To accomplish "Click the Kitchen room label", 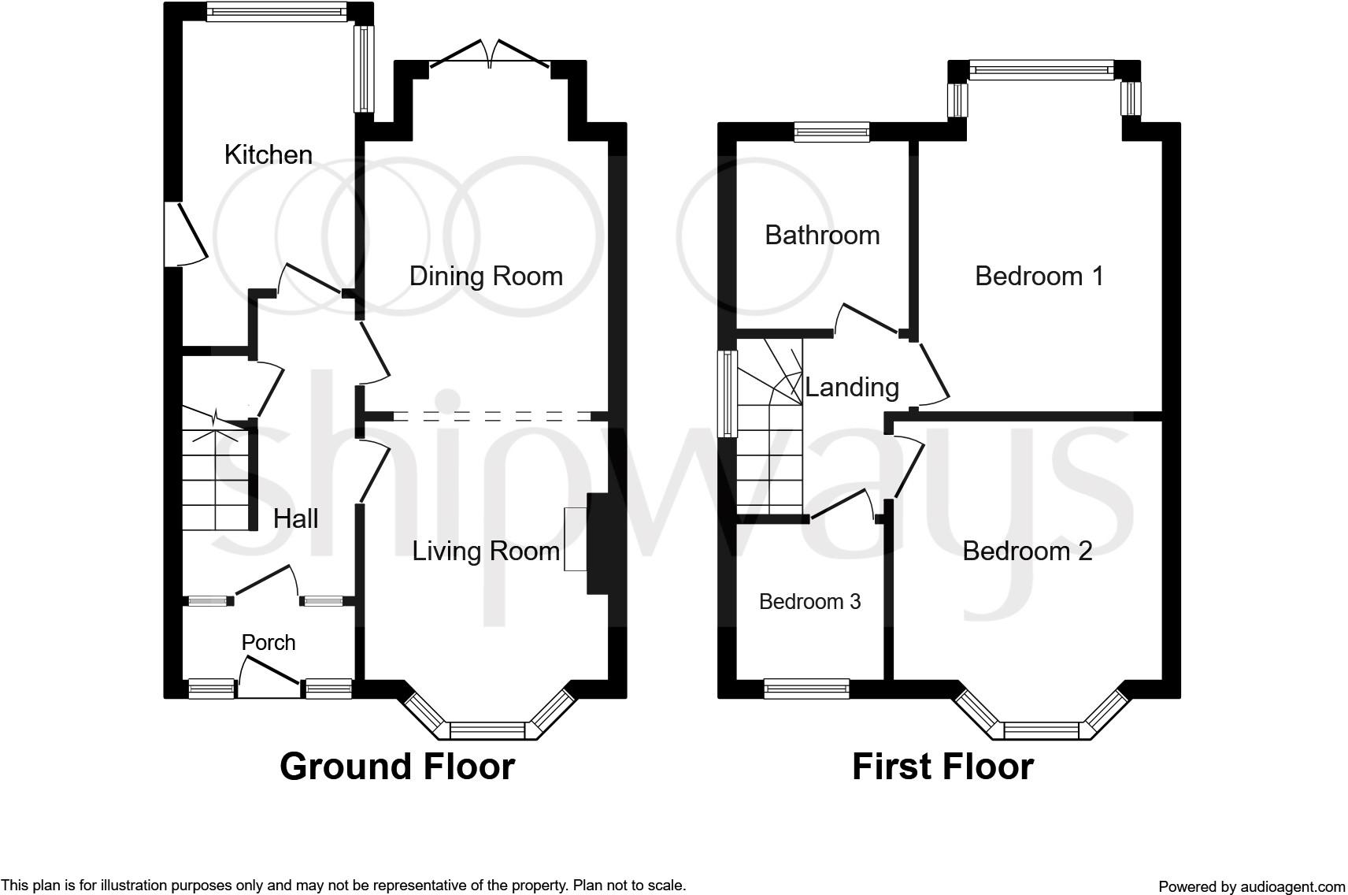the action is tap(268, 154).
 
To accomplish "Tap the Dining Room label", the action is tap(487, 277).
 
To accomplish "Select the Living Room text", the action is tap(487, 551).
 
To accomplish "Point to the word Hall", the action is tap(295, 518).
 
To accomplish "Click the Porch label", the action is tap(268, 643).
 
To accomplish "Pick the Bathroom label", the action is tap(822, 235).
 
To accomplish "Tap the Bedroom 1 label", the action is tap(1039, 277).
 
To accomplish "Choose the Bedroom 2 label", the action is tap(1028, 551).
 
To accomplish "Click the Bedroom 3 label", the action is tap(810, 602).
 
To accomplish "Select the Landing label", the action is tap(852, 388).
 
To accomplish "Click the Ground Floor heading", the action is tap(397, 767).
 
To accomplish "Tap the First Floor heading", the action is tap(943, 767).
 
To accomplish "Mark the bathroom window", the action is tap(831, 132).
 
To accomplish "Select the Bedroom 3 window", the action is tap(806, 689).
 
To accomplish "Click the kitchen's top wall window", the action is tap(276, 12).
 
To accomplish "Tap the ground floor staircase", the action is tap(216, 470).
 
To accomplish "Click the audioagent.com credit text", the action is tap(1252, 886).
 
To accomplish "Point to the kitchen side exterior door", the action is tap(187, 234).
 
